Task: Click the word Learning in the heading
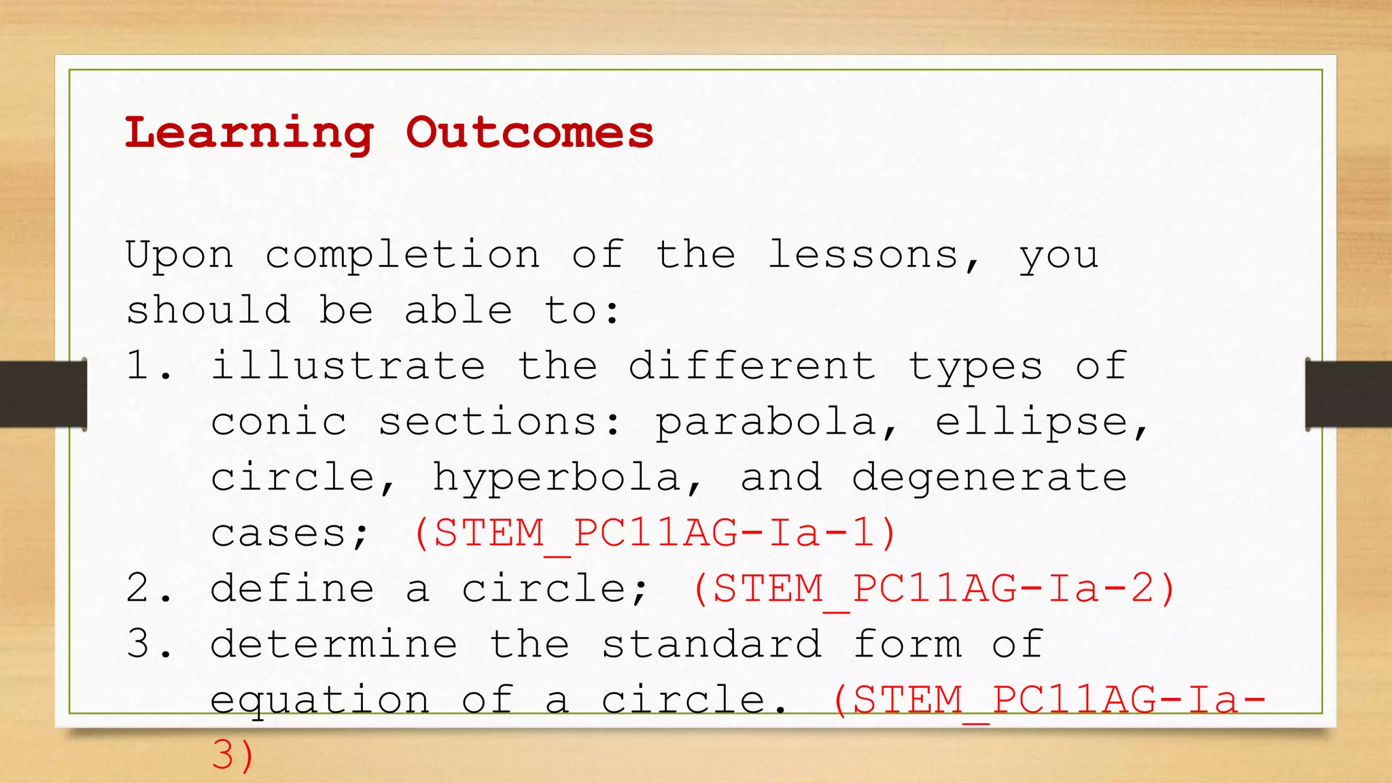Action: (249, 133)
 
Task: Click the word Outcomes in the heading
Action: (529, 132)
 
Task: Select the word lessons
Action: (863, 256)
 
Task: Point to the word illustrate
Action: (348, 366)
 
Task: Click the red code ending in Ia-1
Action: (655, 533)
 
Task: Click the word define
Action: (292, 589)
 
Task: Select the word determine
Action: (334, 644)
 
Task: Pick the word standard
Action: (711, 644)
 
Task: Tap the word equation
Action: (319, 700)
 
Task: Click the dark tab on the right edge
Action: (1348, 394)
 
